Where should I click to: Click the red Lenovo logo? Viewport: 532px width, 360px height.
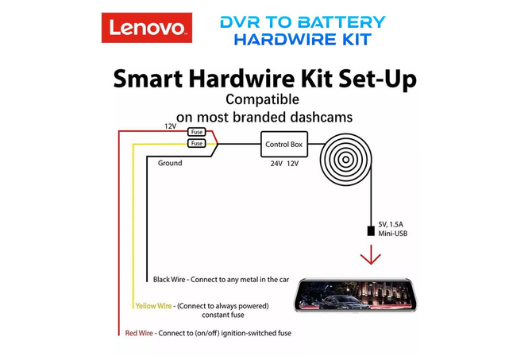click(x=147, y=28)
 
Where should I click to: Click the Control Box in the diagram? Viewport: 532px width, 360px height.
click(x=284, y=145)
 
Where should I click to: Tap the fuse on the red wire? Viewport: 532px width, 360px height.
click(x=197, y=132)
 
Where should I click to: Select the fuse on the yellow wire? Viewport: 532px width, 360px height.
click(x=197, y=143)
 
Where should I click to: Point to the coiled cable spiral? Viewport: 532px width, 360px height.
click(x=345, y=159)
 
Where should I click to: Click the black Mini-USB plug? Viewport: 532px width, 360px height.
click(x=371, y=231)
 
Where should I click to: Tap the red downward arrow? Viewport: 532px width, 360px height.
click(x=371, y=254)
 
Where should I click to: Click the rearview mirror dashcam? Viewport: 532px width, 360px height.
click(x=355, y=295)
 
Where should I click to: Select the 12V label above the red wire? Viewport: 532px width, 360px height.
click(x=171, y=126)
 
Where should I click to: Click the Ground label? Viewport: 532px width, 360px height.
click(x=170, y=163)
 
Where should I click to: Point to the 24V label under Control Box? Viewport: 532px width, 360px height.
click(x=276, y=164)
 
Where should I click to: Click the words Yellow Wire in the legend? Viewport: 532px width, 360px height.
click(x=154, y=306)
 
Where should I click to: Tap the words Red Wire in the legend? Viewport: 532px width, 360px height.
click(x=139, y=333)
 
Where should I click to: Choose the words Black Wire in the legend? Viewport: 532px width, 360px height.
click(x=169, y=280)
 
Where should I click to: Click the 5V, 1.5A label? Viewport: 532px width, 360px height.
click(x=391, y=224)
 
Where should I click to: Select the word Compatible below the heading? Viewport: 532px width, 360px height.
click(x=263, y=99)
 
